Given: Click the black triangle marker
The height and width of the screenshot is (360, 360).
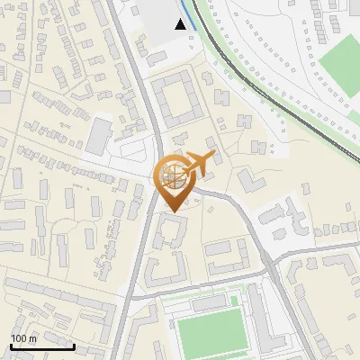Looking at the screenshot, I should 181,24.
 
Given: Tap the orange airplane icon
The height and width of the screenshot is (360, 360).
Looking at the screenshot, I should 199,163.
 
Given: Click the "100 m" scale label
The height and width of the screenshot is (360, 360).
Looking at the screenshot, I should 23,337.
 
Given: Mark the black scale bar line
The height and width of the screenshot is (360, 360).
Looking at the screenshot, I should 41,346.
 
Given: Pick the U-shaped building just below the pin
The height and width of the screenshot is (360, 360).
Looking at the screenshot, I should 169,232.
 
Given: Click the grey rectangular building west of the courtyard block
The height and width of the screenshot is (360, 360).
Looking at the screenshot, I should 98,135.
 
